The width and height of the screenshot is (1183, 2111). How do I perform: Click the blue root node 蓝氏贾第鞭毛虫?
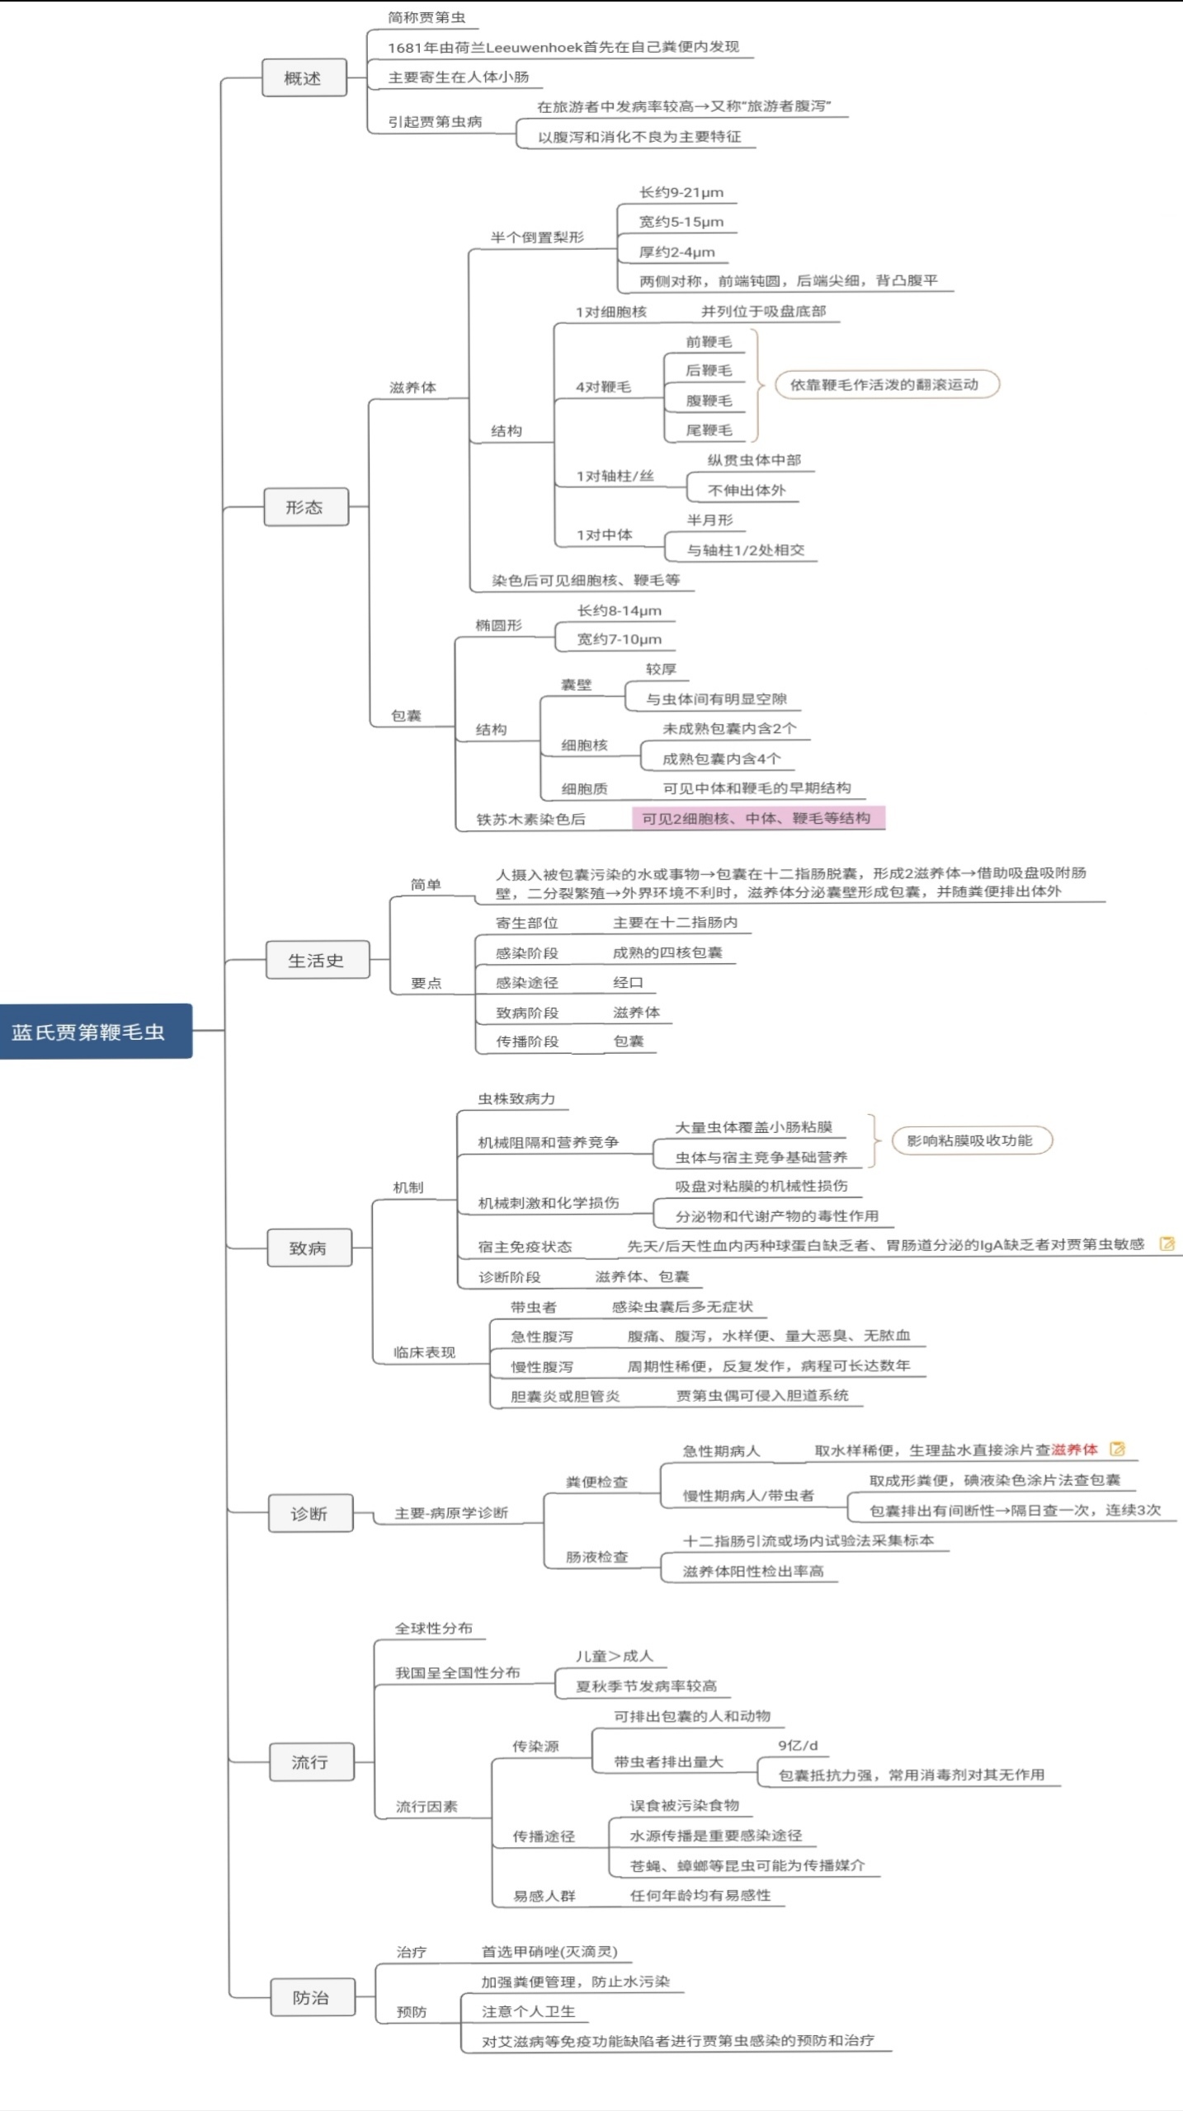click(96, 1031)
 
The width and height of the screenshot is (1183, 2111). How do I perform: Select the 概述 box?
click(304, 78)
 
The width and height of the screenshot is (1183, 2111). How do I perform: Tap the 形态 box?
click(305, 507)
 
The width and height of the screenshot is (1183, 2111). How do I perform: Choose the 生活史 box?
click(317, 960)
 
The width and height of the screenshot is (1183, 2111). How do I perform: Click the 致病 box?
click(309, 1248)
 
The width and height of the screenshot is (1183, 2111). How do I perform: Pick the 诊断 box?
click(310, 1513)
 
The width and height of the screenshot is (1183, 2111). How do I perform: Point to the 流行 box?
click(311, 1762)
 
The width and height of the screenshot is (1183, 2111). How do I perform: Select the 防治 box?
click(312, 1997)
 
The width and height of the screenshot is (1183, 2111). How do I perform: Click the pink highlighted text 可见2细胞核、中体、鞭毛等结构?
click(756, 818)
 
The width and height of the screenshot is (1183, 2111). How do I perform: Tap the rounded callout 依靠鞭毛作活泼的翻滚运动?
click(885, 384)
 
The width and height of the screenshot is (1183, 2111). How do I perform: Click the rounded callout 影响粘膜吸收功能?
click(970, 1140)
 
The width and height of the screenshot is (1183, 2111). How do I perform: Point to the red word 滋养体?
click(1074, 1450)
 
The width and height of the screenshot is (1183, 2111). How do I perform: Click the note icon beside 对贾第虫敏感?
click(1167, 1244)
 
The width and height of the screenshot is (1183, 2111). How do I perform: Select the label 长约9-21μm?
click(681, 192)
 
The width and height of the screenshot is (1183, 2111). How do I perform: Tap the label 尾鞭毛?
click(709, 430)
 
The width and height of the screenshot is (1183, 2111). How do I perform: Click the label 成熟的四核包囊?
click(667, 952)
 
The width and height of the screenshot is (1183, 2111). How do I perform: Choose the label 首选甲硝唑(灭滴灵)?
click(549, 1952)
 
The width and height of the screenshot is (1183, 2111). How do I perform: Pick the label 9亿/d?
click(798, 1745)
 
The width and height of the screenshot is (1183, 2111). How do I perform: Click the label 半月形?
click(710, 520)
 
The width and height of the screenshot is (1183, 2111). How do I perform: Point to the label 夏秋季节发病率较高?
click(646, 1686)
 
